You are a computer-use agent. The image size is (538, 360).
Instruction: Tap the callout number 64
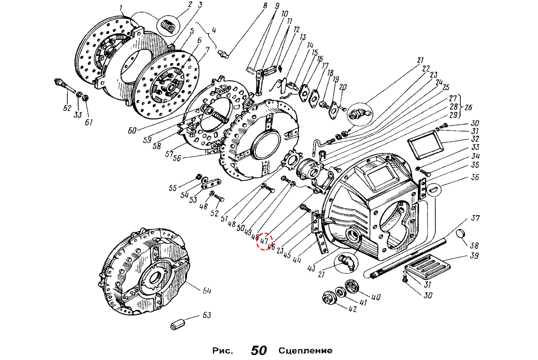tap(206, 291)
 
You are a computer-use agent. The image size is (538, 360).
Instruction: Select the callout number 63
tap(206, 316)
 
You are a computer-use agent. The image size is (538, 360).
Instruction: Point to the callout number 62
tap(67, 108)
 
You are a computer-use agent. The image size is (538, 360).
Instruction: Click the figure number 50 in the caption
tap(259, 350)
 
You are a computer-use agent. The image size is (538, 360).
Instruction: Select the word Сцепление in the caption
tap(305, 350)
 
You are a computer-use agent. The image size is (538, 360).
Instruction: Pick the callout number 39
tap(474, 256)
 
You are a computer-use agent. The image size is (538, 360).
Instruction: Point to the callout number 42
tap(352, 309)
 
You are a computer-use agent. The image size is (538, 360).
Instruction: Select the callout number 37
tap(475, 218)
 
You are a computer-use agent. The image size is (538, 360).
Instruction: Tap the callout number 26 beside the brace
tap(468, 108)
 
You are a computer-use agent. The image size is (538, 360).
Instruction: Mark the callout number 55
tap(173, 188)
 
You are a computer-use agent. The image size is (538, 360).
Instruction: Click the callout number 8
tap(265, 6)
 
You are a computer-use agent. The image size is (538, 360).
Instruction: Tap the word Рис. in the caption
tap(222, 350)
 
